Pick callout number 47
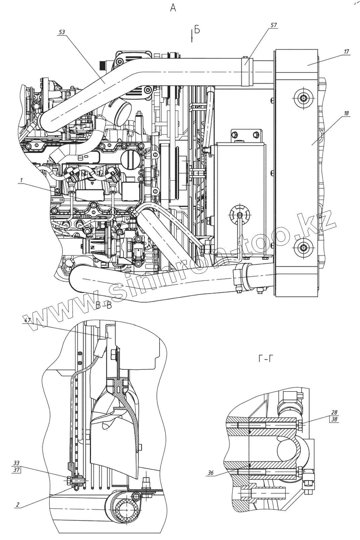[x=28, y=321]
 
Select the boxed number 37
[x=16, y=470]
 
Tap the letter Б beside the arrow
[x=197, y=30]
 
